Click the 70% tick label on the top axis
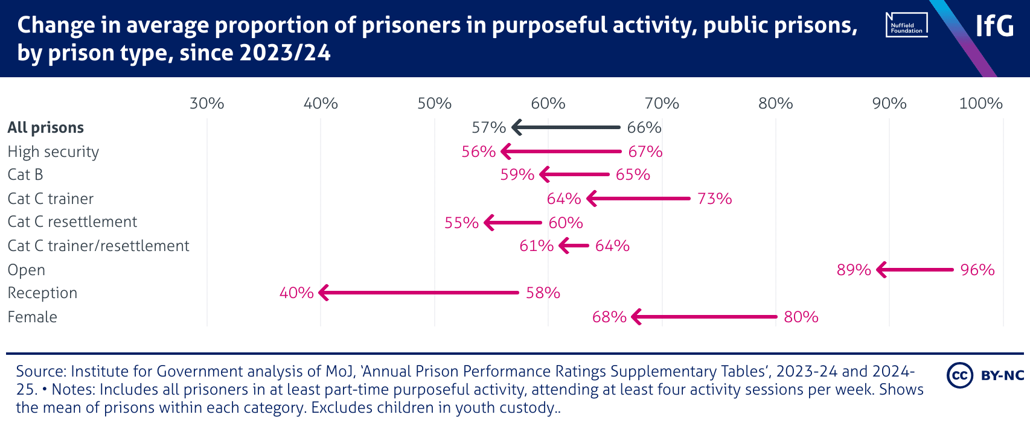[x=662, y=103]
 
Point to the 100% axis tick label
[x=980, y=103]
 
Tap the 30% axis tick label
[x=206, y=103]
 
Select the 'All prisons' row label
[x=46, y=127]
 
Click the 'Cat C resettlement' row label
[x=72, y=222]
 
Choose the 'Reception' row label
[x=42, y=293]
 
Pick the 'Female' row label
[x=33, y=317]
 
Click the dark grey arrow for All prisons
[x=566, y=127]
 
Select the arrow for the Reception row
[x=418, y=293]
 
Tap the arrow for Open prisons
[x=915, y=270]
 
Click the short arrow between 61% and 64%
[x=574, y=246]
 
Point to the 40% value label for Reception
[x=296, y=293]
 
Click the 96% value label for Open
[x=977, y=270]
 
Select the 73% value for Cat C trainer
[x=714, y=199]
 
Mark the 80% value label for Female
[x=801, y=317]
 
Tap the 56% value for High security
[x=479, y=151]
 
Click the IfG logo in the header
[x=994, y=26]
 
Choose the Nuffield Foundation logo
[x=907, y=25]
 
